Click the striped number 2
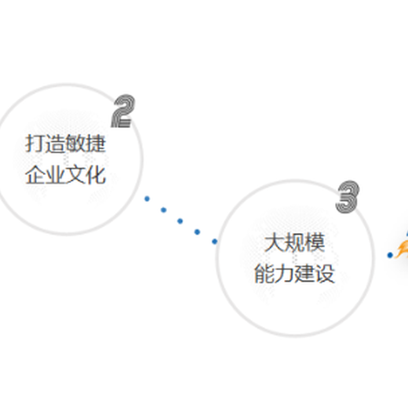(x=123, y=111)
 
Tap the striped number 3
(x=348, y=197)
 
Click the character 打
(x=35, y=144)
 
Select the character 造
(x=55, y=144)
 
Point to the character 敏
(x=75, y=144)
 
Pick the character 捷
(x=96, y=144)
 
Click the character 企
(x=35, y=174)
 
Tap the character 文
(x=75, y=174)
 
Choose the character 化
(x=96, y=174)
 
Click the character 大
(x=274, y=242)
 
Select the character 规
(x=294, y=242)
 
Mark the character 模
(x=315, y=242)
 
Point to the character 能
(x=264, y=274)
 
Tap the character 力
(x=284, y=274)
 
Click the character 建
(x=304, y=274)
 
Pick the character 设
(x=325, y=274)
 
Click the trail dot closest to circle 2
(x=147, y=199)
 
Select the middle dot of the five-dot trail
(x=180, y=221)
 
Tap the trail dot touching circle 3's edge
(x=214, y=242)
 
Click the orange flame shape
(x=403, y=250)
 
